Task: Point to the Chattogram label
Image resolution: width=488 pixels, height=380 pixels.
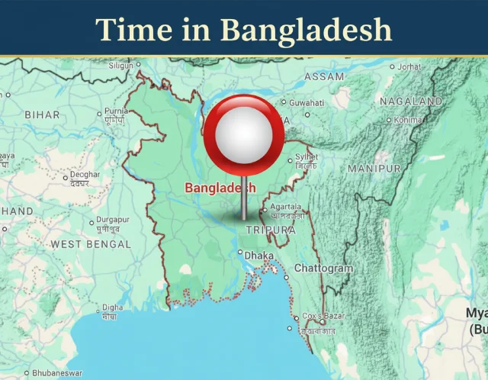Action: point(323,269)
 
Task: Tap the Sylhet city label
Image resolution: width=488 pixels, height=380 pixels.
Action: point(307,157)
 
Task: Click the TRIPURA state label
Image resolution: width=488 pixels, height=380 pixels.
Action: point(271,230)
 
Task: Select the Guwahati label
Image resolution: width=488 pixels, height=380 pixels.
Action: point(307,102)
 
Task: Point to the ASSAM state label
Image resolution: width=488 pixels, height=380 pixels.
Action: point(324,77)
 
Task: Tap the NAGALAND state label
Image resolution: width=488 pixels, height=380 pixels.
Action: point(410,101)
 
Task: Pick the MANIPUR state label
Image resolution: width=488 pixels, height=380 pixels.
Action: point(374,168)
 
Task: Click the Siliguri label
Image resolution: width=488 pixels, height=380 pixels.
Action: point(120,66)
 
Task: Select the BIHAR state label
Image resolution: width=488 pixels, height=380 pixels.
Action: point(42,114)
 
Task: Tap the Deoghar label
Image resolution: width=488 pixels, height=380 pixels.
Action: point(85,175)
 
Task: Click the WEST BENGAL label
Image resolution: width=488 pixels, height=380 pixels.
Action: point(91,244)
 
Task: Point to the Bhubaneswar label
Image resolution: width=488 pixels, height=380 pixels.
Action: point(59,374)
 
